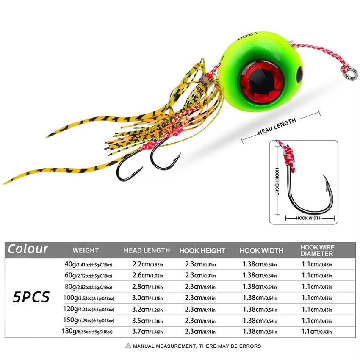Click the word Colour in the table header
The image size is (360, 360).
coord(28,249)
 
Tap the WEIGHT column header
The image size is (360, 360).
coord(86,250)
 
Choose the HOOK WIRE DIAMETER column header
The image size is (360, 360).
coord(317,250)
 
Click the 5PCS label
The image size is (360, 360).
coord(31,296)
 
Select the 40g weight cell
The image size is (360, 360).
coord(88,265)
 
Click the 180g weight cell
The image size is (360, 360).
coord(88,330)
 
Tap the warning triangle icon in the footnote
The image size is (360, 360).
coord(128,346)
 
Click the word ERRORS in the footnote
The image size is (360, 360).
coord(251,346)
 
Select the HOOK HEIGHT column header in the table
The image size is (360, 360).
coord(202,251)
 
